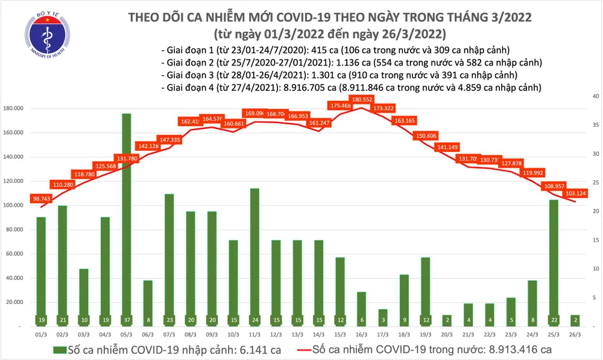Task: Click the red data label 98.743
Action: point(42,198)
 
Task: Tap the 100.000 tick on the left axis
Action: point(13,206)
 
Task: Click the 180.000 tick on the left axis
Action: point(13,109)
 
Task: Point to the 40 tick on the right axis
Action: point(595,96)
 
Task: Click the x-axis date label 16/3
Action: point(362,333)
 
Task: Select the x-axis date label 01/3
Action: point(41,333)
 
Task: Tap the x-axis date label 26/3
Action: point(576,333)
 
